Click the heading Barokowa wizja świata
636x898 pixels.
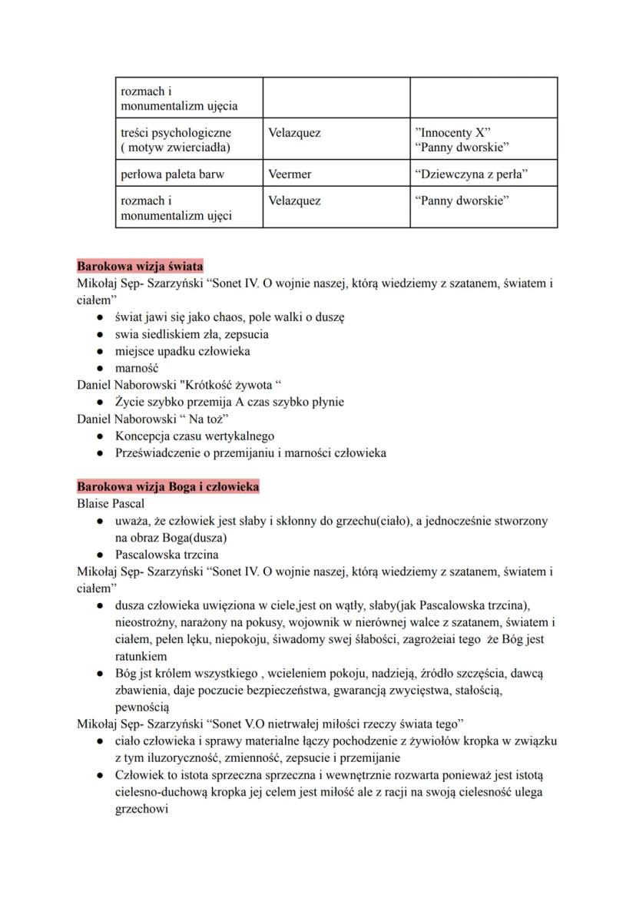[140, 267]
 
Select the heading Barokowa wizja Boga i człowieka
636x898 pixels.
[167, 487]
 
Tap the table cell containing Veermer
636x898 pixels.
[290, 174]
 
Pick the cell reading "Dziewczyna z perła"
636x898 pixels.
[473, 174]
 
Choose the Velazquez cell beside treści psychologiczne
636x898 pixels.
[294, 133]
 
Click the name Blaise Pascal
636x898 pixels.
[111, 504]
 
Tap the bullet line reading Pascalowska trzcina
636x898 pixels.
[167, 555]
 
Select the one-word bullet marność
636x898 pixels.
[137, 368]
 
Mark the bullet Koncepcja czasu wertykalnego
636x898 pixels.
[194, 436]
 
